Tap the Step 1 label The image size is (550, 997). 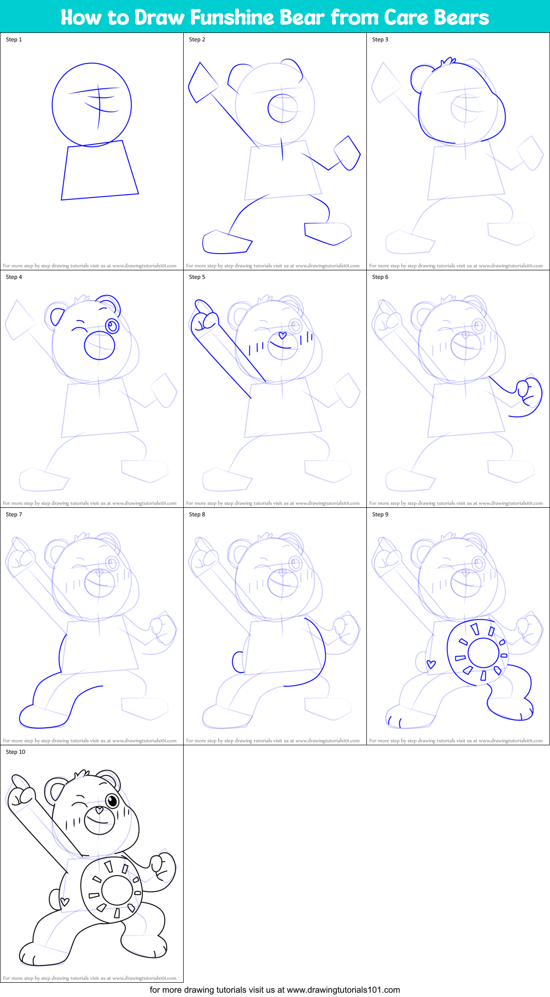coord(14,39)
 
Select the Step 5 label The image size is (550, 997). coord(197,277)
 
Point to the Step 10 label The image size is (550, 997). coord(16,752)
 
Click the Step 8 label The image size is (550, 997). coord(197,514)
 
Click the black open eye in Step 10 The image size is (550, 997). coord(112,800)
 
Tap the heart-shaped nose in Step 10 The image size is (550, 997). coord(99,809)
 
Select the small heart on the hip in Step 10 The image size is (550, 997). coord(65,901)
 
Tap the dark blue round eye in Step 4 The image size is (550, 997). coord(113,326)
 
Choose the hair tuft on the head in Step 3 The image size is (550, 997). coord(448,61)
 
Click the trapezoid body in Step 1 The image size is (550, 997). coord(99,170)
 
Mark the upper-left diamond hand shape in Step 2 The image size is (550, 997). coord(202,83)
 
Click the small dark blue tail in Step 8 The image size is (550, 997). coord(237,662)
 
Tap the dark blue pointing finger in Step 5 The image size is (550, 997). coord(203,308)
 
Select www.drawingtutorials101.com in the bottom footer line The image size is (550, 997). coord(343,990)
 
